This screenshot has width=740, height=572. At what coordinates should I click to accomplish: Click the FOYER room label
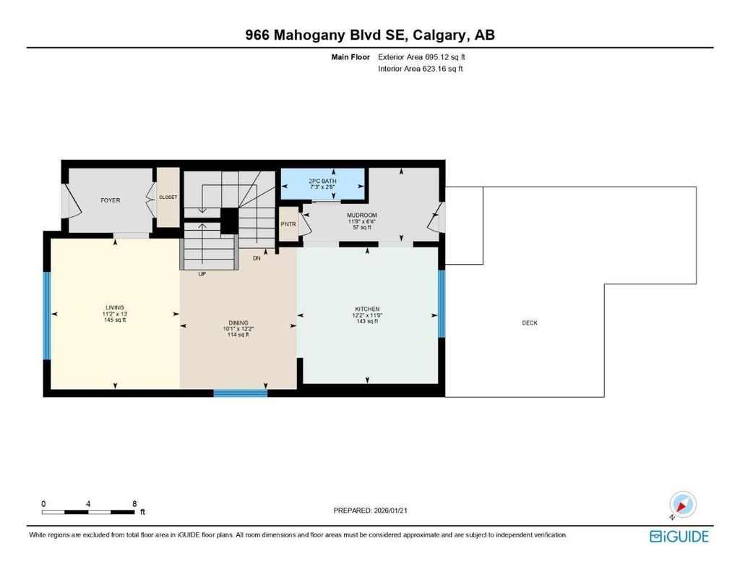click(x=111, y=200)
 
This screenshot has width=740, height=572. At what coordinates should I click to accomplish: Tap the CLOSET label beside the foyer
click(x=168, y=196)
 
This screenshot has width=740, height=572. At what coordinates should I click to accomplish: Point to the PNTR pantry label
click(x=288, y=224)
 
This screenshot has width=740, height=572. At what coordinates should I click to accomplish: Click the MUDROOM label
click(x=361, y=215)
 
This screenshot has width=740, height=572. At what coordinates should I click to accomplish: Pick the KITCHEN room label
click(x=366, y=309)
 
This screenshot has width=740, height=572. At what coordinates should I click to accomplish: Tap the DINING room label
click(x=238, y=323)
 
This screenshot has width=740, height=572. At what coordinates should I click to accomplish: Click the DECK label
click(x=530, y=323)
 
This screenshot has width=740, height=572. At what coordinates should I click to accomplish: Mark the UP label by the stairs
click(x=203, y=274)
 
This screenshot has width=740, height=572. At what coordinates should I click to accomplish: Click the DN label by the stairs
click(x=257, y=257)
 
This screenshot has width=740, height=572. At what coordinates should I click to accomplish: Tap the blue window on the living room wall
click(x=47, y=315)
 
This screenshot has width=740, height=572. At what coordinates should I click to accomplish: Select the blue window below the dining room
click(x=240, y=393)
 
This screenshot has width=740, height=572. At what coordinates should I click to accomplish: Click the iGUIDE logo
click(x=679, y=537)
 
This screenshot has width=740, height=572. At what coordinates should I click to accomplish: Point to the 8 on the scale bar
click(x=134, y=503)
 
